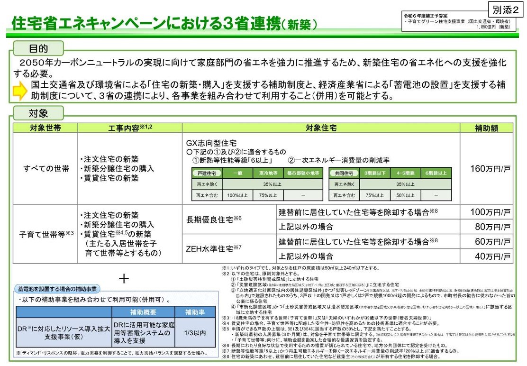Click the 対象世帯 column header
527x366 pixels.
45,128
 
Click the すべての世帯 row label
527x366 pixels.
46,169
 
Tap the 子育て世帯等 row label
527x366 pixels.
46,234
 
